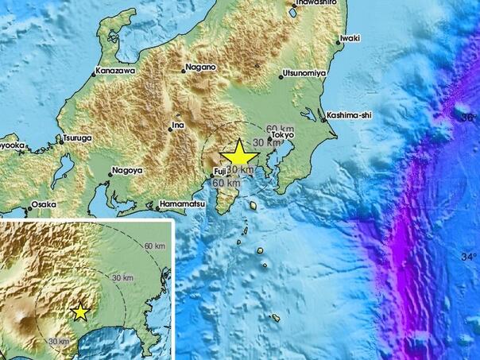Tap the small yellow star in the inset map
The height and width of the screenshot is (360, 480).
tap(80, 312)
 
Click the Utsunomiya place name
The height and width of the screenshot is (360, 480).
tap(306, 74)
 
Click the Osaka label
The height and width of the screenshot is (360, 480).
tap(44, 205)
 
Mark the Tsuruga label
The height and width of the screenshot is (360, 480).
tap(78, 138)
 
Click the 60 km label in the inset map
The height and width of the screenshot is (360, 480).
tap(155, 246)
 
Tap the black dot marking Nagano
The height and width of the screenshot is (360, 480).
tap(184, 70)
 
